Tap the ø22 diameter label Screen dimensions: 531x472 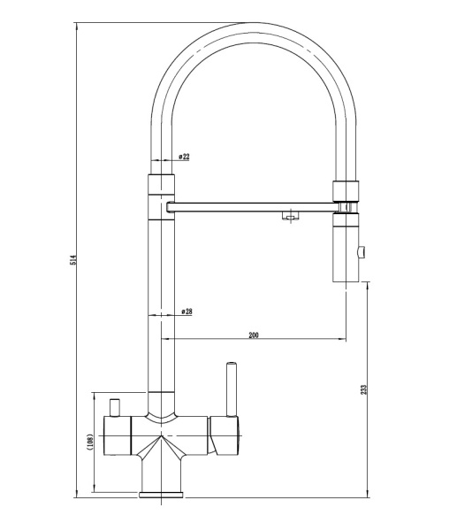click(184, 157)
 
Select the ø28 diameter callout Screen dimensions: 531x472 click(187, 312)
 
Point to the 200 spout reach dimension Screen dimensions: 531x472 click(254, 335)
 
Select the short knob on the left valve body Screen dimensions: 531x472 click(113, 405)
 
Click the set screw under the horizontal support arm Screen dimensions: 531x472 click(288, 216)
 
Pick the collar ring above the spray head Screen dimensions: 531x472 click(346, 189)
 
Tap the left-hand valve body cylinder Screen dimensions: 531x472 click(118, 435)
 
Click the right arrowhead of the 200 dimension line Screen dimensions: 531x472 click(342, 339)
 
